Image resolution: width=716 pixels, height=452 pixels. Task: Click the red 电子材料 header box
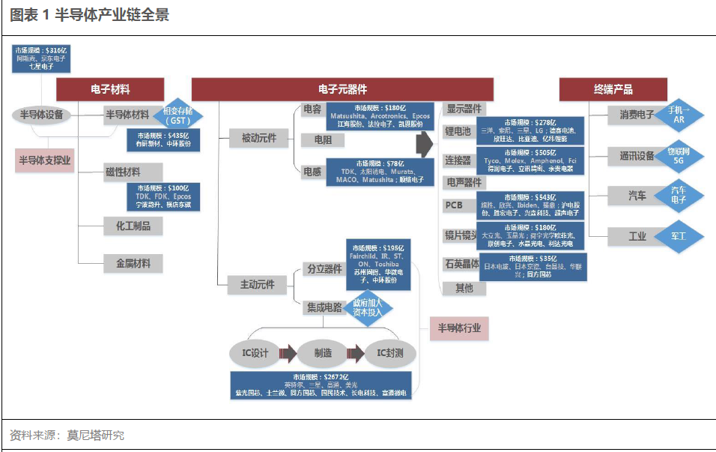point(111,89)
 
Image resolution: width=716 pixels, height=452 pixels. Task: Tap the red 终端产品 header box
point(613,89)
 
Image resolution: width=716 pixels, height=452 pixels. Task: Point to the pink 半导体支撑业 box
point(45,160)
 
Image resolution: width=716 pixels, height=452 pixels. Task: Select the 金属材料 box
point(133,263)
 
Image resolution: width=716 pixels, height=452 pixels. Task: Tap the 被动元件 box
point(258,138)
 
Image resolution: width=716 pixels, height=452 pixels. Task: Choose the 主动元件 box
point(258,284)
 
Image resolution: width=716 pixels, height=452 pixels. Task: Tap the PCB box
point(455,205)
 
